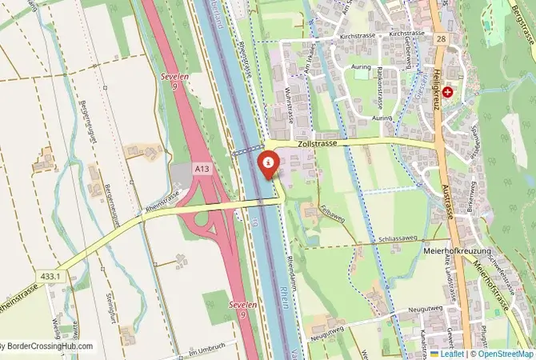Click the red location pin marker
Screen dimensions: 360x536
click(x=269, y=162)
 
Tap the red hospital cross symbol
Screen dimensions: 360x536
click(x=447, y=92)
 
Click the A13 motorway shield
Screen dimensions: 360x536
click(x=202, y=169)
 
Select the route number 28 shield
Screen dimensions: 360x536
click(x=441, y=38)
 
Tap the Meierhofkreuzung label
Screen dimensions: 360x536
click(x=454, y=250)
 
